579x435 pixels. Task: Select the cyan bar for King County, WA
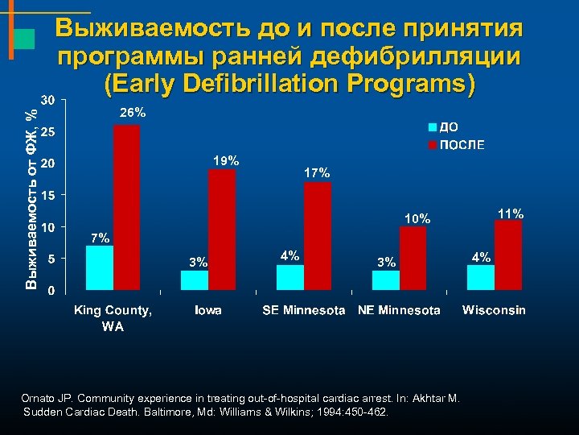pyautogui.click(x=99, y=267)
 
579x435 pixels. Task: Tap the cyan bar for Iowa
pyautogui.click(x=195, y=280)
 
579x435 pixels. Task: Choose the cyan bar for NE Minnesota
pyautogui.click(x=385, y=280)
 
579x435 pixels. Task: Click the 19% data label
pyautogui.click(x=226, y=160)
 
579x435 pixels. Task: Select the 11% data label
pyautogui.click(x=511, y=213)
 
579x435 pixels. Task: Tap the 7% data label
pyautogui.click(x=101, y=238)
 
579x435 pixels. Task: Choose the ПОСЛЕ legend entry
pyautogui.click(x=459, y=145)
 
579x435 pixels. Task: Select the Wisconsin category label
pyautogui.click(x=494, y=310)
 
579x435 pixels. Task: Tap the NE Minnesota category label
pyautogui.click(x=399, y=310)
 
